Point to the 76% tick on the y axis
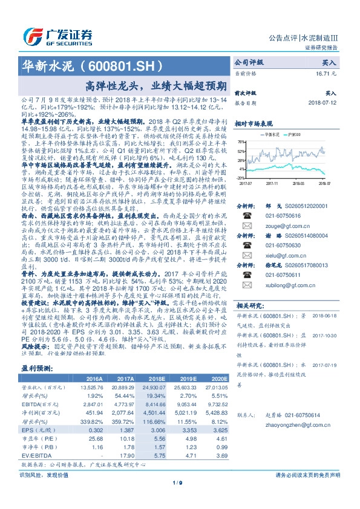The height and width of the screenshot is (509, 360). (x=240, y=141)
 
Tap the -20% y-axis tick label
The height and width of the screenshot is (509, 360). (x=240, y=178)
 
